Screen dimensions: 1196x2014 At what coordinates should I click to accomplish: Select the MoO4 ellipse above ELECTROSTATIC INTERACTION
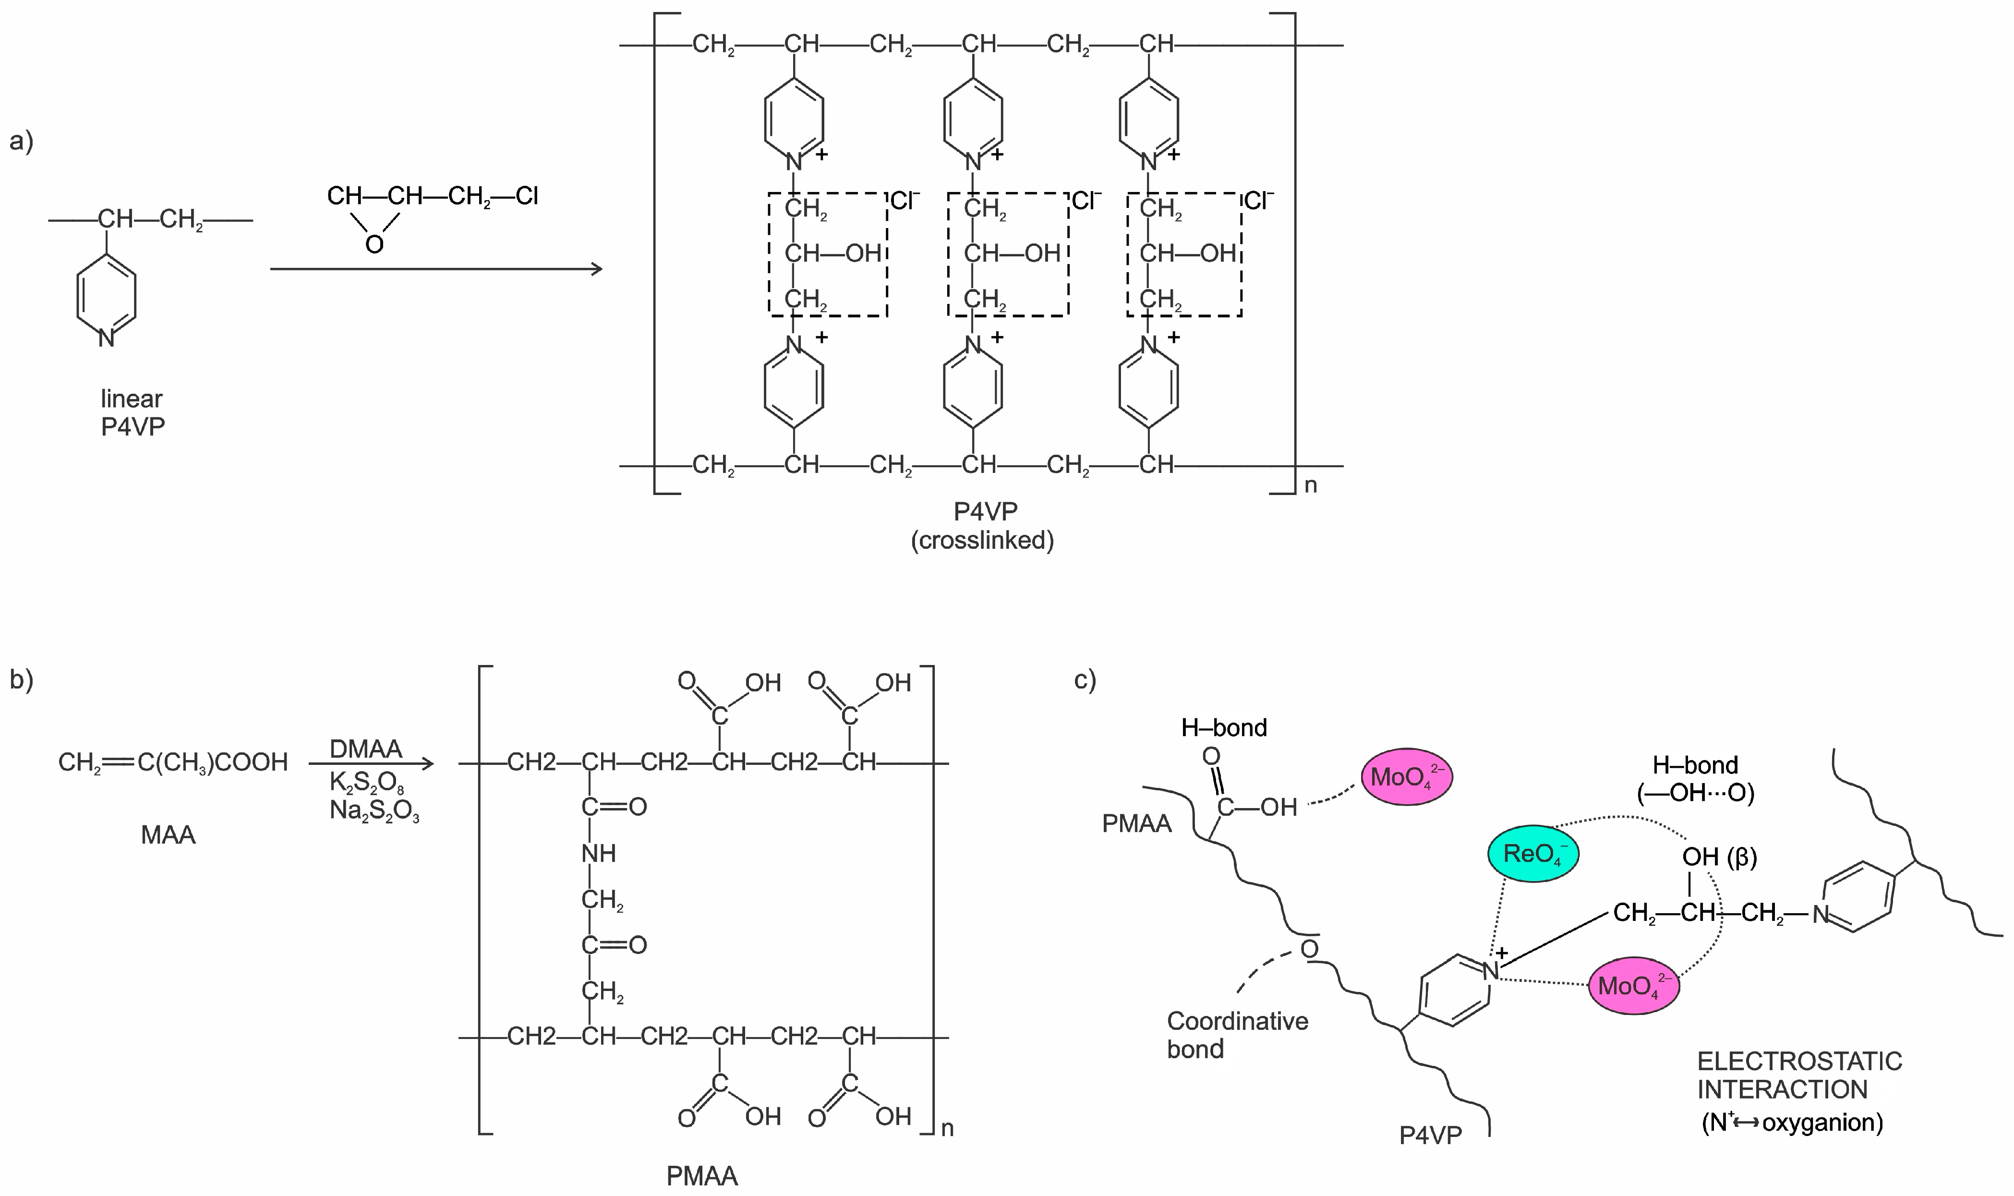(x=1634, y=985)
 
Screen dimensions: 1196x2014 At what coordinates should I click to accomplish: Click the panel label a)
(x=21, y=141)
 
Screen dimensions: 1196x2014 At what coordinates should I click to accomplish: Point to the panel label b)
(x=21, y=679)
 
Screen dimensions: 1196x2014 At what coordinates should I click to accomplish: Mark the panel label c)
(x=1085, y=679)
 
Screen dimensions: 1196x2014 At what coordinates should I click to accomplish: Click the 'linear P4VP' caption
(x=132, y=412)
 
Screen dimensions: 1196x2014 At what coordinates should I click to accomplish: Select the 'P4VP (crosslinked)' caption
(x=983, y=525)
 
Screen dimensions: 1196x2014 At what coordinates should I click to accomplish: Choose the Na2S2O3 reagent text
(x=374, y=810)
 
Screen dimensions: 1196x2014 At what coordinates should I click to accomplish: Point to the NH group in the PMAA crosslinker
(x=598, y=853)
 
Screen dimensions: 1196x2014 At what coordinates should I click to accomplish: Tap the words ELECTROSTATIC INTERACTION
(x=1799, y=1075)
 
